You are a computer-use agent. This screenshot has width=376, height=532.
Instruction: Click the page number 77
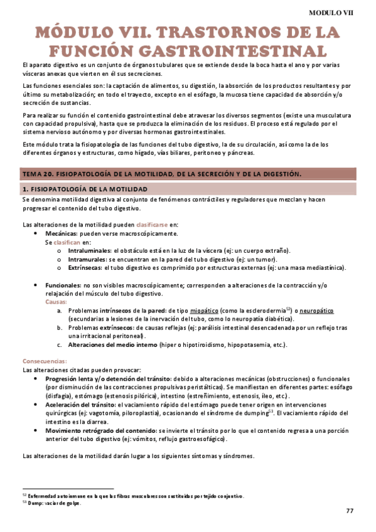pos(350,511)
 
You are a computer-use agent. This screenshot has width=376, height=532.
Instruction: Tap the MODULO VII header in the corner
pos(331,12)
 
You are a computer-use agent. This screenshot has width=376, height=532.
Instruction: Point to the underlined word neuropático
pos(317,311)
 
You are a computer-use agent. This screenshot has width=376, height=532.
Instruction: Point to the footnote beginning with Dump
pos(53,503)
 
